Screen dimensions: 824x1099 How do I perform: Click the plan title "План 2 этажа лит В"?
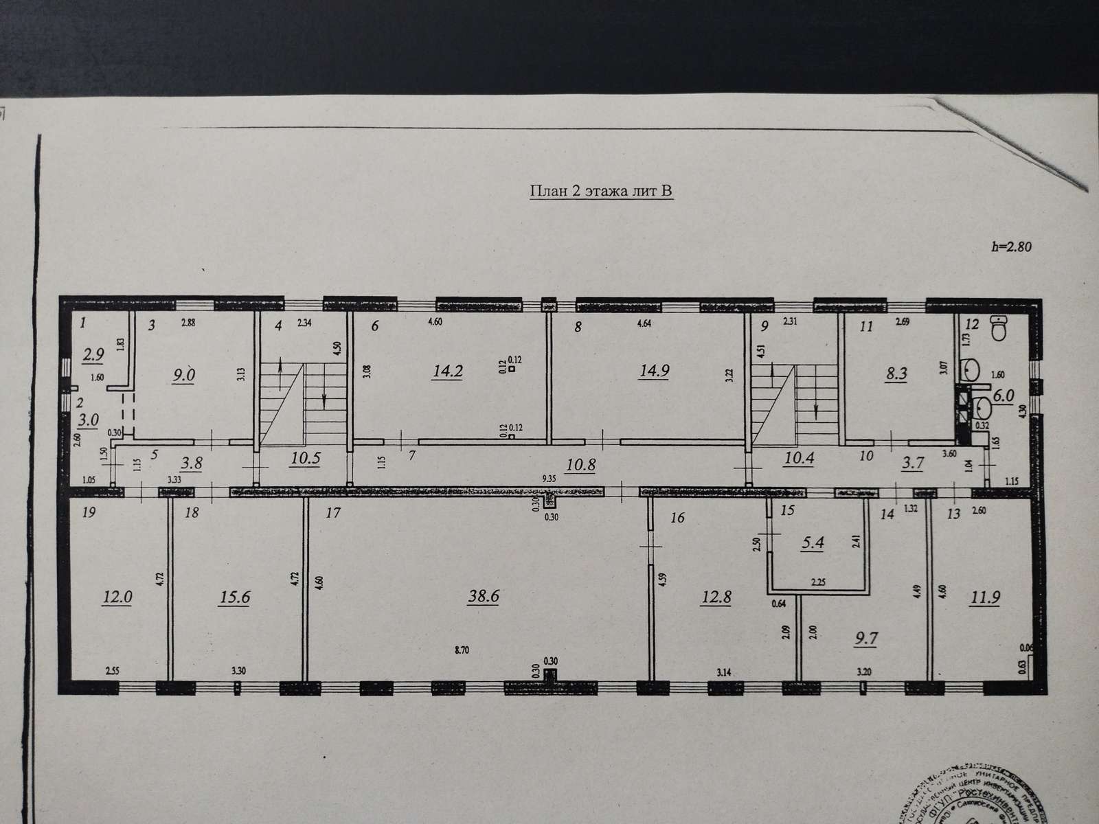pos(600,191)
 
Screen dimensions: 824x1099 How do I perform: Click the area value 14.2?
pos(447,370)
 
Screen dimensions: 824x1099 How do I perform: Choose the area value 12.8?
pos(716,597)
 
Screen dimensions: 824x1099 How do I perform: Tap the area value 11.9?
pos(984,596)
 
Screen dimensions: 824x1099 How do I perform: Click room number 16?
pos(677,518)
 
